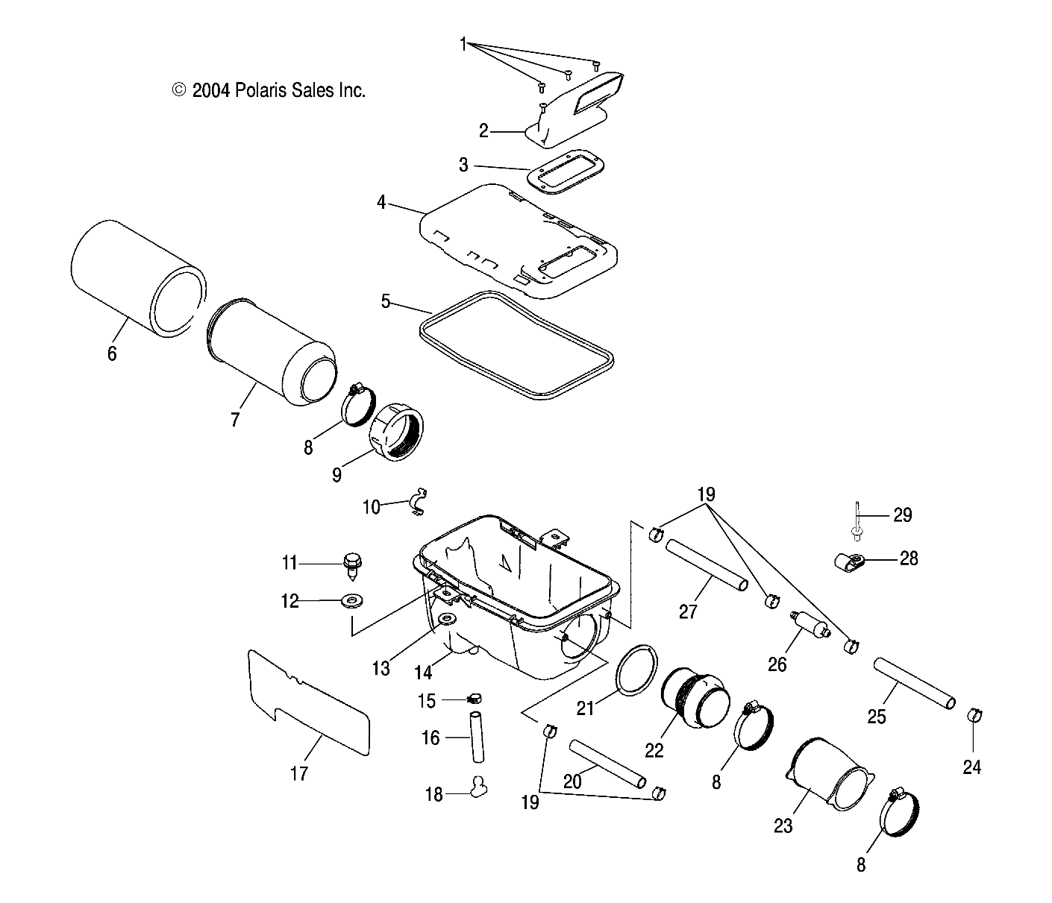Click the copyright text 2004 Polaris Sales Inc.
269,91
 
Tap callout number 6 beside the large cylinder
112,353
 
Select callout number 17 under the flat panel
298,774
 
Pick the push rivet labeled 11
351,563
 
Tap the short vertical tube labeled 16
478,737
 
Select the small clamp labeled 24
974,716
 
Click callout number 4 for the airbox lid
381,202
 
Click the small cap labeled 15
473,698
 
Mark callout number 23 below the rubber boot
783,825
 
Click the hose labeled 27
706,564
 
